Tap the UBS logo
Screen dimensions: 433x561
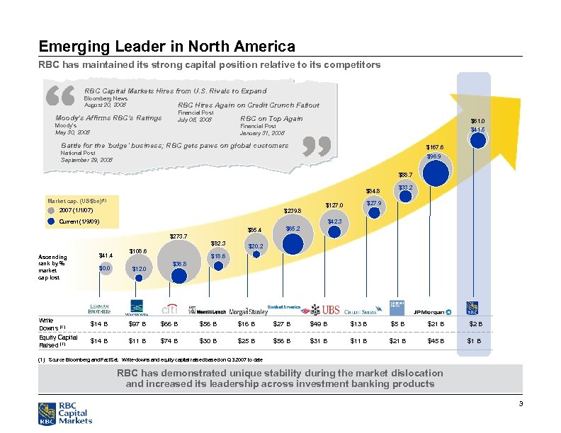[x=331, y=309]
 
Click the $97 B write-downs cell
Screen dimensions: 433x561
[x=138, y=325]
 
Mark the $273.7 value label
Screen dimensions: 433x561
[x=178, y=236]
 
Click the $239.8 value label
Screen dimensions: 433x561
[x=292, y=211]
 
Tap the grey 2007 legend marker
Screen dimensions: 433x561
[x=50, y=211]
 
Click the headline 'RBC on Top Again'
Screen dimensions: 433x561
[x=271, y=118]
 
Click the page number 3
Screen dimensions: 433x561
[x=520, y=403]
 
